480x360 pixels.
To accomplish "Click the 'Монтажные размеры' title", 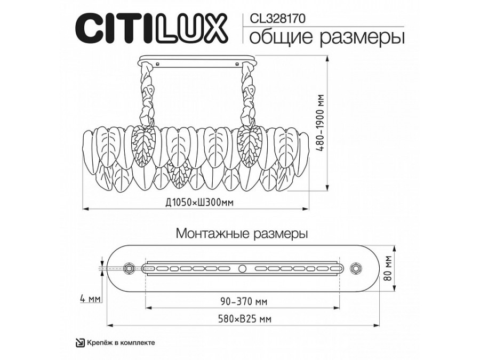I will tap(242, 233).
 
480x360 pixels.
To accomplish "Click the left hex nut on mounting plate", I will tap(128, 268).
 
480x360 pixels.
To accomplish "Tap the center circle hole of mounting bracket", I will tap(242, 268).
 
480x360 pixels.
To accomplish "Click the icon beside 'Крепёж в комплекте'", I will tap(78, 343).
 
